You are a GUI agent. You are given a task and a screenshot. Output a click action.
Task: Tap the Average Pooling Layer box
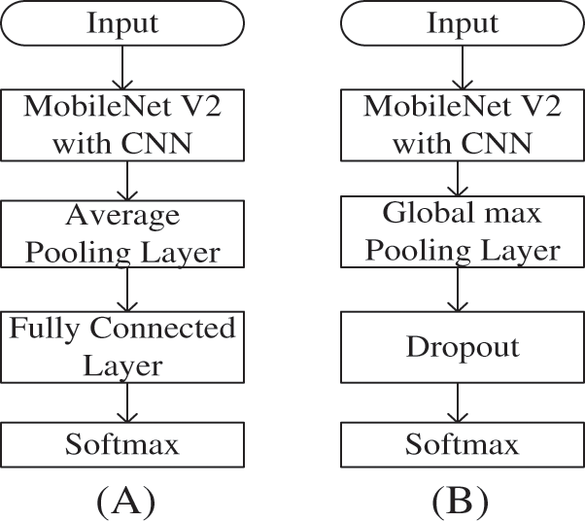coord(123,234)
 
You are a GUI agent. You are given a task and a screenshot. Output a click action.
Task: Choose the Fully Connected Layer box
coord(123,346)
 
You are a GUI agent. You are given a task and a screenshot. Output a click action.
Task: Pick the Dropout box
coord(463,346)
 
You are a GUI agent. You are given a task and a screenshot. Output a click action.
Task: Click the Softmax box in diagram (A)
coord(123,445)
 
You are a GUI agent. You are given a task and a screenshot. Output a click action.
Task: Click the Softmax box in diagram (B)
coord(463,445)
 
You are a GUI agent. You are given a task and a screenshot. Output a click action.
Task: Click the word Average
coord(123,215)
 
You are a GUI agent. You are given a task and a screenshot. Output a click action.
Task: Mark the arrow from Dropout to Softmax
coord(463,402)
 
